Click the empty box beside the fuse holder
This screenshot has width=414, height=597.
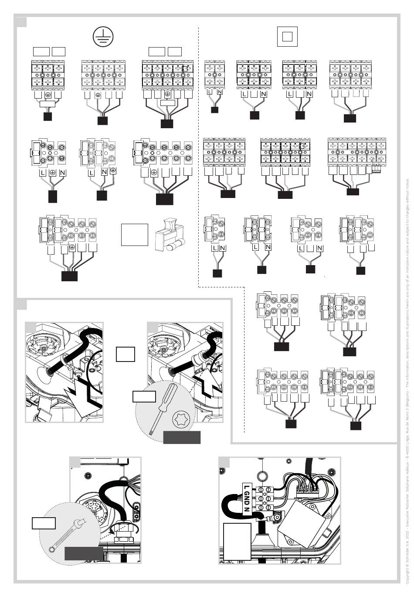(x=135, y=235)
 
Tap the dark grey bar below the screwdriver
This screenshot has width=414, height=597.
(x=182, y=437)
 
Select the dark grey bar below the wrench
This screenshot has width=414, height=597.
(x=84, y=553)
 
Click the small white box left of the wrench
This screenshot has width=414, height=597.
(x=44, y=522)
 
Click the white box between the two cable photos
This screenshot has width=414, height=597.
(x=126, y=354)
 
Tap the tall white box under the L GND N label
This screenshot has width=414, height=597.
(x=237, y=541)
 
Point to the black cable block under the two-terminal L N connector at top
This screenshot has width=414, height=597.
(x=214, y=109)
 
